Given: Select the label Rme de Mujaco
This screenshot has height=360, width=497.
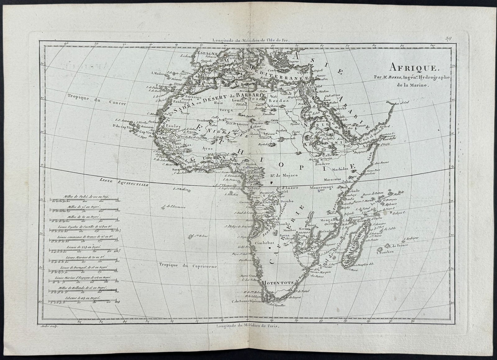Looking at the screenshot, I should click(284, 175).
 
